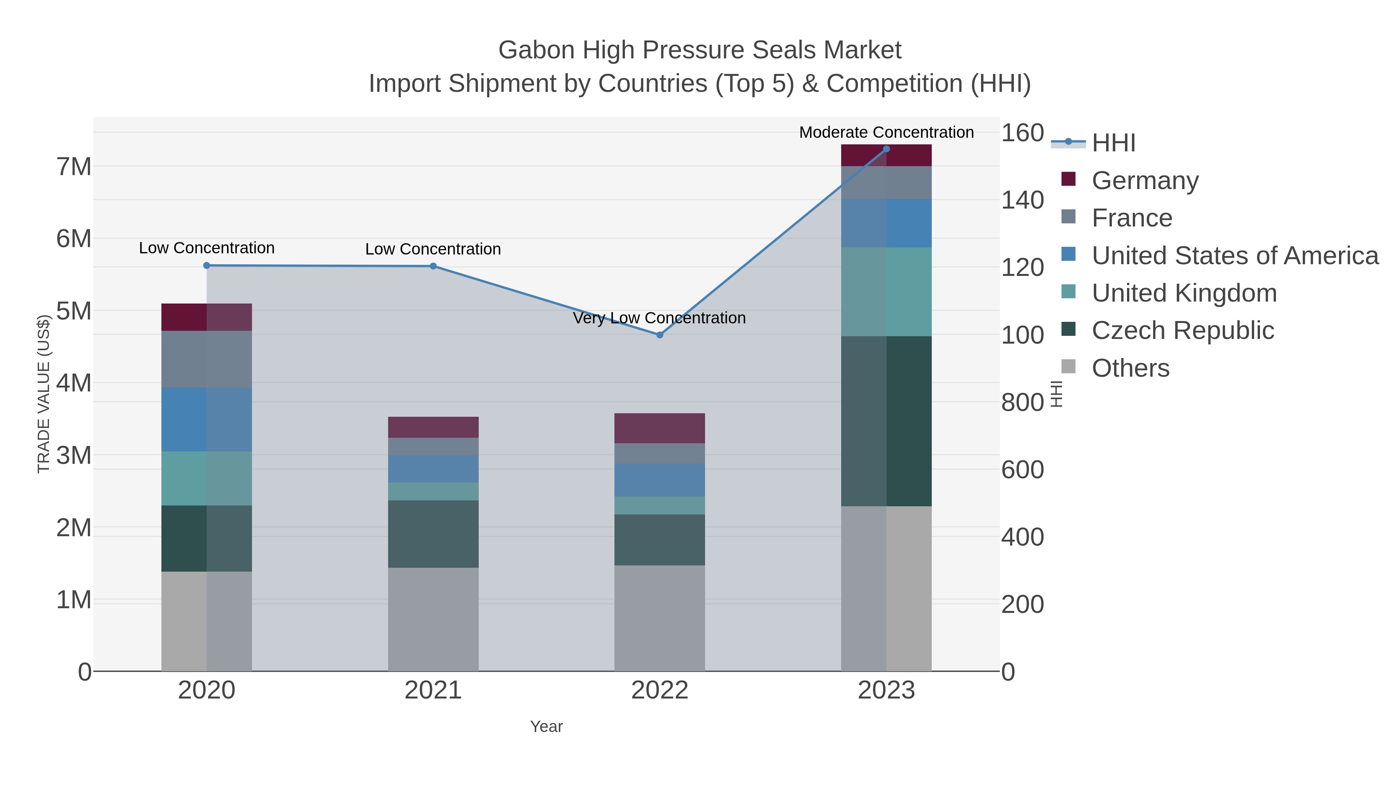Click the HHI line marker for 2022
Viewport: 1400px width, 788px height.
[x=660, y=335]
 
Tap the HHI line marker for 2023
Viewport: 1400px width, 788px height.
[x=886, y=149]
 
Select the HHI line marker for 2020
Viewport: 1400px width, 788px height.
[x=206, y=265]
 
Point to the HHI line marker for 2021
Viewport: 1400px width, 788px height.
[x=433, y=266]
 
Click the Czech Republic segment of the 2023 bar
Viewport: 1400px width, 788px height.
[x=886, y=421]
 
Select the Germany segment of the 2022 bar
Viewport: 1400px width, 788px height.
[x=660, y=428]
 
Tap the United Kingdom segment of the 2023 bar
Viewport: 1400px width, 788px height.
[x=886, y=291]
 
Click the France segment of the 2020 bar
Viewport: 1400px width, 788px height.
[x=206, y=359]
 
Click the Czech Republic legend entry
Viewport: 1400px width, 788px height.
[x=1183, y=331]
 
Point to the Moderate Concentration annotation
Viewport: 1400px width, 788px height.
[x=886, y=132]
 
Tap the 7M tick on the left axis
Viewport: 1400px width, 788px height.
[x=74, y=167]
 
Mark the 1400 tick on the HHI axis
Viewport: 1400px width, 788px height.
[x=1022, y=200]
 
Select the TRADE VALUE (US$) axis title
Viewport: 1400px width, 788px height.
[x=44, y=394]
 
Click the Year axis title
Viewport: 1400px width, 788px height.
[x=546, y=727]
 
